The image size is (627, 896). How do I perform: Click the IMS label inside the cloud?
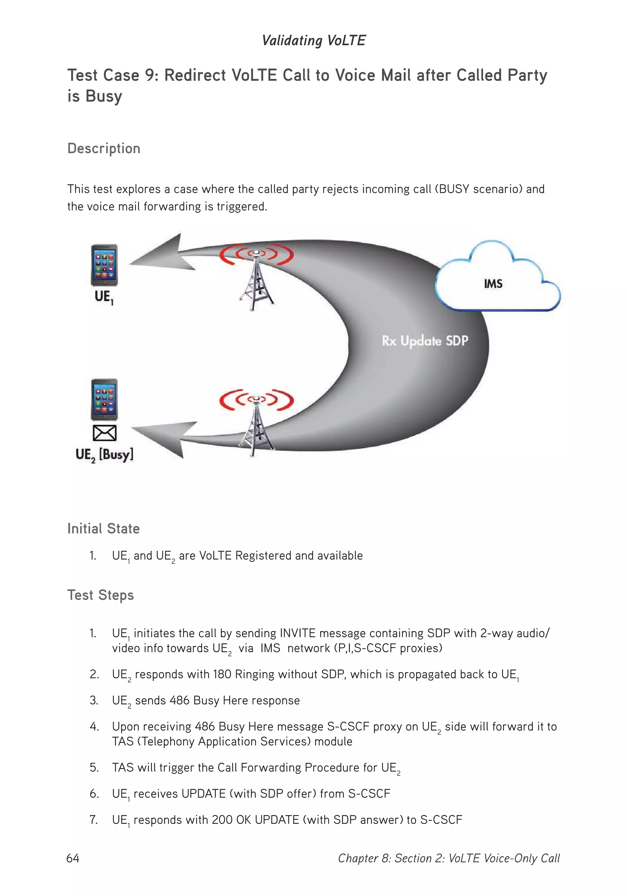click(493, 284)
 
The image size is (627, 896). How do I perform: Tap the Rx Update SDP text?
click(425, 341)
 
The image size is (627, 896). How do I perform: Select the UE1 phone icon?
click(104, 265)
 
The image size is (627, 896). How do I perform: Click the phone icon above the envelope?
click(104, 400)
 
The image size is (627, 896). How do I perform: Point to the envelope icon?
click(104, 433)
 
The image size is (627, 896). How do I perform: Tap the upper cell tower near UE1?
click(256, 279)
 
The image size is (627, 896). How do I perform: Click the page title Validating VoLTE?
click(313, 40)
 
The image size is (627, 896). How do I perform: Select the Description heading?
click(103, 148)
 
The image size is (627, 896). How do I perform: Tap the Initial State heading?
click(103, 529)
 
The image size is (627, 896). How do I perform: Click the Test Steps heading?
click(100, 595)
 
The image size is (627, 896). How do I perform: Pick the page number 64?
click(73, 858)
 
